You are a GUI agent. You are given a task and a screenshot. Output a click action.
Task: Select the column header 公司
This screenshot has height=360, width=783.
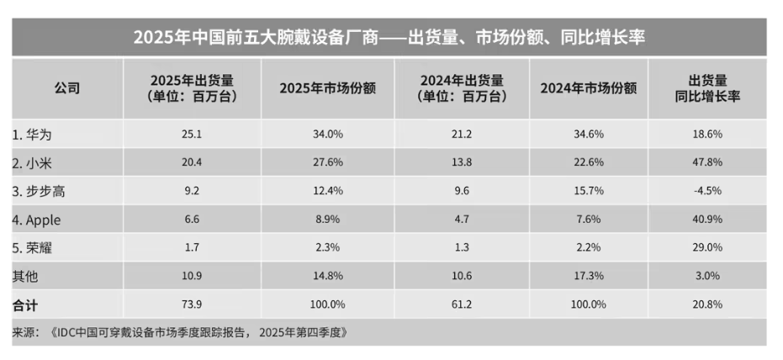pyautogui.click(x=67, y=88)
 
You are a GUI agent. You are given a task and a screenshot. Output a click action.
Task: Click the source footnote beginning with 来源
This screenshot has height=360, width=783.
pyautogui.click(x=180, y=331)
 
